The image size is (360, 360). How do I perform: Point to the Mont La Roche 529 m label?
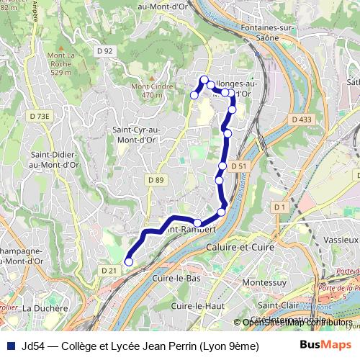click(60, 64)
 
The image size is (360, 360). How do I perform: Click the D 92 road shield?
click(104, 50)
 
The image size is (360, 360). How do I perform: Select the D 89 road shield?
click(155, 179)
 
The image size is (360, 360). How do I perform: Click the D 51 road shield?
click(240, 166)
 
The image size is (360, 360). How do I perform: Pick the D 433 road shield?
click(302, 119)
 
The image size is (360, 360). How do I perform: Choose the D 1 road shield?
click(280, 207)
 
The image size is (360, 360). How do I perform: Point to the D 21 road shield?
click(109, 270)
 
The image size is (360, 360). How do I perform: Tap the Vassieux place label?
click(341, 238)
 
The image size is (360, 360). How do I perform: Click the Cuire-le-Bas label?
click(176, 277)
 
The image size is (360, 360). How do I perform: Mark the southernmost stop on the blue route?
click(129, 262)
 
